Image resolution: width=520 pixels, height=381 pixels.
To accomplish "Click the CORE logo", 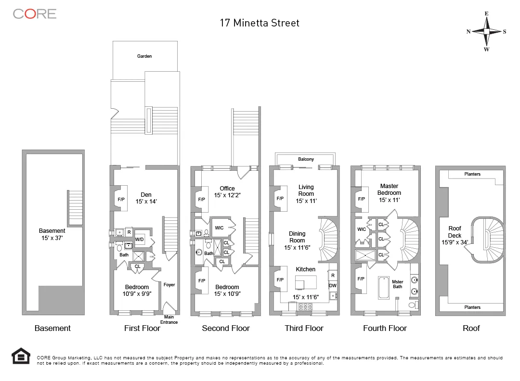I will pos(35,14).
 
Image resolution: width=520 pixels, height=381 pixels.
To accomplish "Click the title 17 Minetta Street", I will pos(260,23).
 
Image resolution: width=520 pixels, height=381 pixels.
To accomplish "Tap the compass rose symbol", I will pos(486,31).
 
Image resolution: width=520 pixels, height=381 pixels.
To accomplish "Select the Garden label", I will pos(144,56).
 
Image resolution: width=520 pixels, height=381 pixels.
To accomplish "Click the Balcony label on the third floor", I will pos(306,159).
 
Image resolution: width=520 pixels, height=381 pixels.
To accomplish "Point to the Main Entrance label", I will pos(169,319).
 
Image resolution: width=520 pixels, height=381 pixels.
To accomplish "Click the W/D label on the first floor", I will pos(139,239).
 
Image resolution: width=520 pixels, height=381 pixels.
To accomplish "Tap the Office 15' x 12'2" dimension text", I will pos(227,196).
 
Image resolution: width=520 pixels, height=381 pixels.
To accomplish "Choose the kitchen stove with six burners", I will pos(305,306).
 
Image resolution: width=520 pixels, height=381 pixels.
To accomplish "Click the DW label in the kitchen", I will pos(332,286).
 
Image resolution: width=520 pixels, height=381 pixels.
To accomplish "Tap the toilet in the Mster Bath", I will pos(412,305).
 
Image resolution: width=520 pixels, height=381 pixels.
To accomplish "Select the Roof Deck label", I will pos(455,232).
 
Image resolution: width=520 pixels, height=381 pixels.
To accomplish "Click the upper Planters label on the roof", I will pos(472,174).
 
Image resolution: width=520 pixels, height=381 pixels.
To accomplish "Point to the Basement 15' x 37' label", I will pos(52,234).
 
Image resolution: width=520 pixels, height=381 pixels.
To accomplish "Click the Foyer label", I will pos(169,285).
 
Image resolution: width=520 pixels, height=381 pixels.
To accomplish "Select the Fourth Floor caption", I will pos(385,328).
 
